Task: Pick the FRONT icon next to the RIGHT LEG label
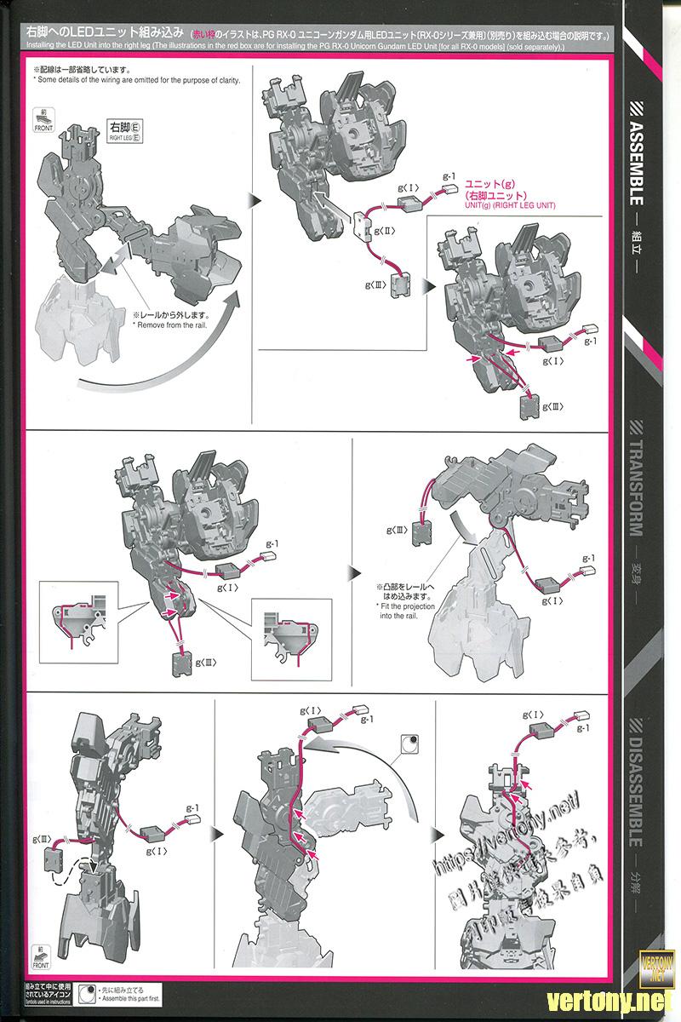tap(43, 121)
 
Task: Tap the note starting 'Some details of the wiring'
tap(137, 79)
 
